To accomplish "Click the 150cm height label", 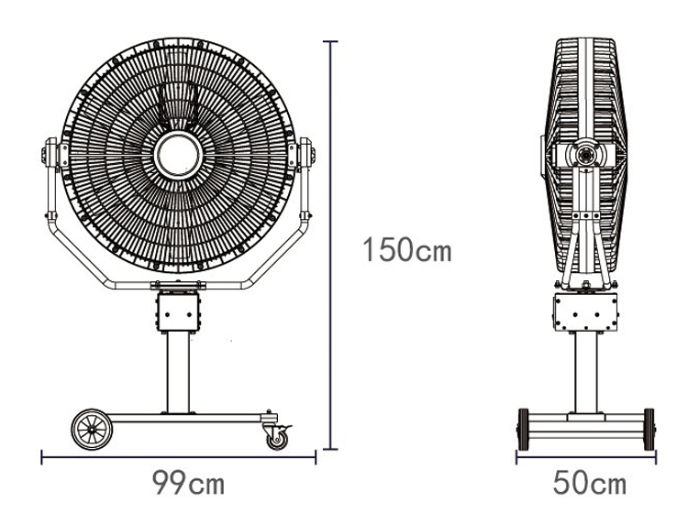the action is pyautogui.click(x=407, y=250).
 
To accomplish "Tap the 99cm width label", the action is pyautogui.click(x=189, y=483).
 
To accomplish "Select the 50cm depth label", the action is pyautogui.click(x=589, y=483).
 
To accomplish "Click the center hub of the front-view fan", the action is pyautogui.click(x=178, y=155).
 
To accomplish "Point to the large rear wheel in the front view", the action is pyautogui.click(x=92, y=430).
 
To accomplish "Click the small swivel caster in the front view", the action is pyautogui.click(x=277, y=436).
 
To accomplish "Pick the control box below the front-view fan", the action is pyautogui.click(x=178, y=311).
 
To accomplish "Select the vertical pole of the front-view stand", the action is pyautogui.click(x=178, y=372).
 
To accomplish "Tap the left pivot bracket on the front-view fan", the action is pyautogui.click(x=52, y=154).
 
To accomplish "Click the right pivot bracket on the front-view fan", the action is pyautogui.click(x=305, y=154).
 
